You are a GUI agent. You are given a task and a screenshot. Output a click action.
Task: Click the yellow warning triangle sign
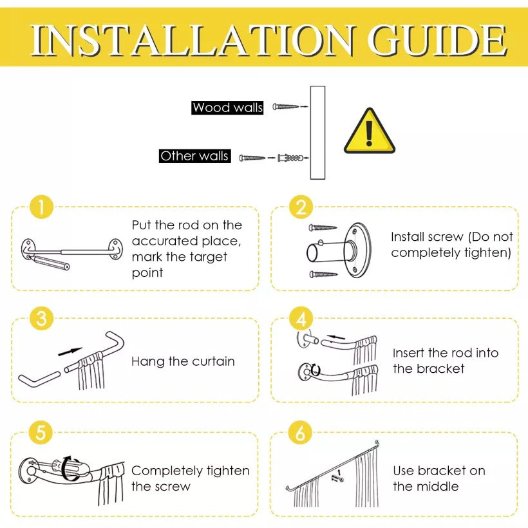(369, 132)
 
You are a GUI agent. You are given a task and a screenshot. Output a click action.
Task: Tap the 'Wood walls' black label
(228, 108)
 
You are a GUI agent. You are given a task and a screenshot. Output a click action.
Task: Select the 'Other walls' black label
(194, 156)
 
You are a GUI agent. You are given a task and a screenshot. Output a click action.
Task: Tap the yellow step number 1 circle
(41, 207)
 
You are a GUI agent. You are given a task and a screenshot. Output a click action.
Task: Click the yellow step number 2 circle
(300, 207)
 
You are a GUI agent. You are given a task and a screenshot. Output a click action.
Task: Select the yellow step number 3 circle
(41, 319)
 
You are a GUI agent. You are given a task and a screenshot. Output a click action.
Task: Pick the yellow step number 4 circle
(300, 319)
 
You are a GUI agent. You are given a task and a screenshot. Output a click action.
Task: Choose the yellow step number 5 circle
(41, 433)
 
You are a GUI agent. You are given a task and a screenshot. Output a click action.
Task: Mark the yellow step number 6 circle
(300, 433)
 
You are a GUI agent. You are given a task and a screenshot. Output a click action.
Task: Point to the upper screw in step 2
(323, 227)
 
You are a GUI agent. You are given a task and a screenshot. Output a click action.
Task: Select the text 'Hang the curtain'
(183, 361)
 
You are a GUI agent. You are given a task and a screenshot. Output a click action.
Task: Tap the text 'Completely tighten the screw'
(190, 478)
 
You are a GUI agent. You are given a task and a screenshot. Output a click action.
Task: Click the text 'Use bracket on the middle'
(439, 478)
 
